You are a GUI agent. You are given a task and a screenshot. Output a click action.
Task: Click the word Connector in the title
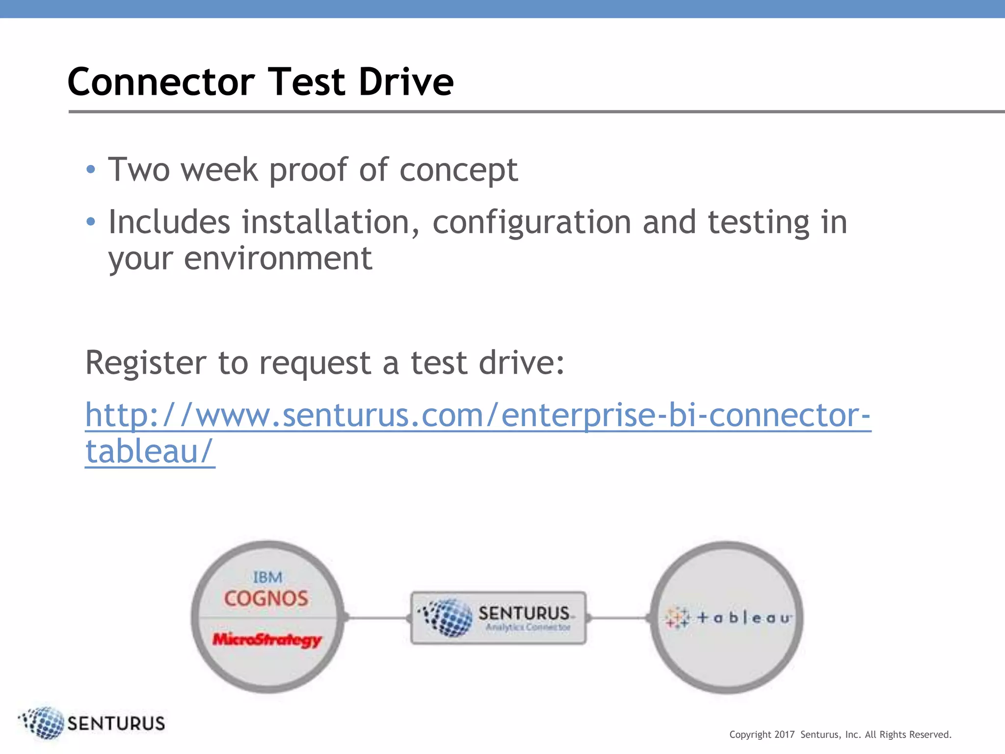161,82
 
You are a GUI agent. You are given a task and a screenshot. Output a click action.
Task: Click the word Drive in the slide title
406,82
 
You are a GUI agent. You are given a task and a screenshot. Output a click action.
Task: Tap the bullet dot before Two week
90,170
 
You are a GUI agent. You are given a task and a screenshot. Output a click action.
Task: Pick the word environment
278,259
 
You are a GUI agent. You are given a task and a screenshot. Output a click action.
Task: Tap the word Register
145,363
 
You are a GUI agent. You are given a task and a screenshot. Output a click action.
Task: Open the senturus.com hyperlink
477,415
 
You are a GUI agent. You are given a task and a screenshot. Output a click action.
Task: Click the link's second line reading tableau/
150,452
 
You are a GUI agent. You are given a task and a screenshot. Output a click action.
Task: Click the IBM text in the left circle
267,577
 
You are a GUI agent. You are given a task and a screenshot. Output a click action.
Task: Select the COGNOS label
266,598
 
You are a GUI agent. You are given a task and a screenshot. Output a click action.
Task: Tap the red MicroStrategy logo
267,640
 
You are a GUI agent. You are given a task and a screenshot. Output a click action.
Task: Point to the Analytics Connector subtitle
528,627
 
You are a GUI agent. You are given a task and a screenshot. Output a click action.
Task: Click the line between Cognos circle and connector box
378,618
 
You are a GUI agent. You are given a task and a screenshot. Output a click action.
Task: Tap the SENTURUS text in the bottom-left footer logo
116,724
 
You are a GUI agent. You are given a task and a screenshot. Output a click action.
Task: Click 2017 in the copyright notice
784,735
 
